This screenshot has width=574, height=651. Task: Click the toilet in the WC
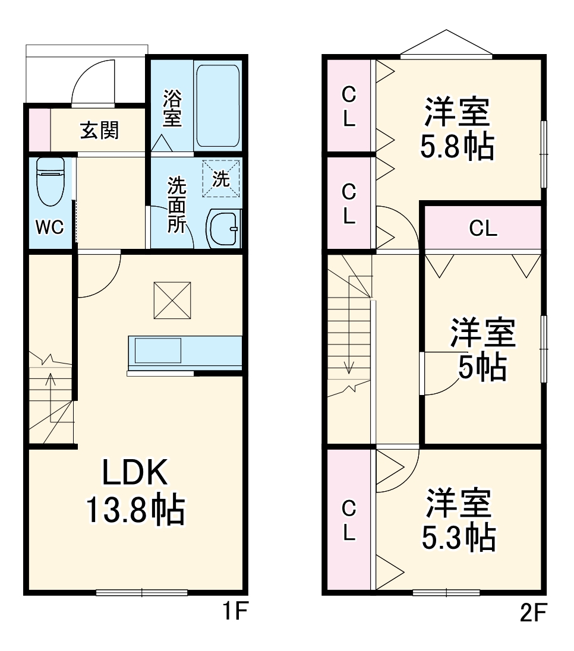click(50, 181)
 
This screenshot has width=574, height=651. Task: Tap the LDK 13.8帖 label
click(135, 491)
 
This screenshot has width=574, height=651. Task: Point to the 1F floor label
click(233, 612)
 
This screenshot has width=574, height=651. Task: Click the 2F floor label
click(531, 612)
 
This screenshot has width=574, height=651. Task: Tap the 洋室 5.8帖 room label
click(457, 129)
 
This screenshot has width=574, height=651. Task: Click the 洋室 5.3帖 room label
click(458, 520)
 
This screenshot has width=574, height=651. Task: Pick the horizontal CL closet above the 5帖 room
click(482, 228)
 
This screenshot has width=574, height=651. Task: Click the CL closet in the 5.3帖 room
click(349, 520)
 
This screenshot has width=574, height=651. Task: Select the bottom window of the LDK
click(142, 592)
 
